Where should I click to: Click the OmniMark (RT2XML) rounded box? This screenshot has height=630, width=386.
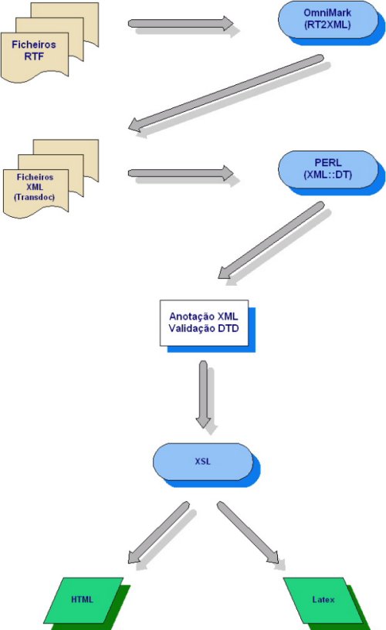[x=328, y=19]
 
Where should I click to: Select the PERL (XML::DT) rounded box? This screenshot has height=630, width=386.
[x=328, y=169]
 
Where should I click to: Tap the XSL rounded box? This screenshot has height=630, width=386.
[x=203, y=462]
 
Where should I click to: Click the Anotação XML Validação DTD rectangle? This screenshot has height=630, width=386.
[x=204, y=323]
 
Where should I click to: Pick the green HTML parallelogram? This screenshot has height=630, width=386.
[x=83, y=600]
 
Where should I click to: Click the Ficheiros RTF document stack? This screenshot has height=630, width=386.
[x=50, y=42]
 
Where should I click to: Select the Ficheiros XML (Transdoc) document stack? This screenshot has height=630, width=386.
[x=51, y=178]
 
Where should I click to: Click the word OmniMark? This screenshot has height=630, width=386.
[x=327, y=13]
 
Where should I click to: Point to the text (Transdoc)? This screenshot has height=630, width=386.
[x=35, y=198]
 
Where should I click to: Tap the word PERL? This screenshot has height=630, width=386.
[x=328, y=163]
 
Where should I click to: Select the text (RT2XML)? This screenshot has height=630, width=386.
[x=327, y=25]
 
